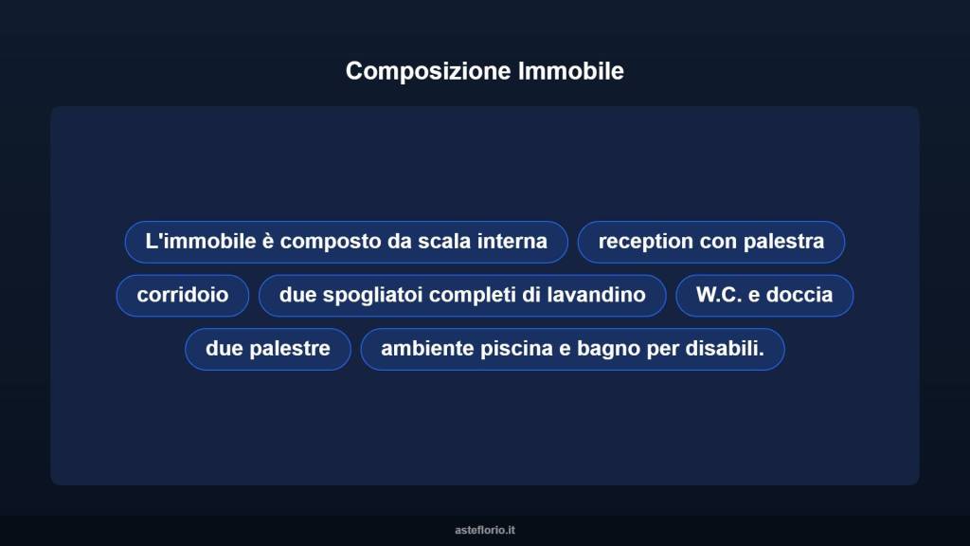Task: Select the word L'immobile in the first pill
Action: [188, 241]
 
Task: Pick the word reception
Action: [646, 241]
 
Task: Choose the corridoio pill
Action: [183, 295]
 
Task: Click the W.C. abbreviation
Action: [719, 295]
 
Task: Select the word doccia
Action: [799, 295]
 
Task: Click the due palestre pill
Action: [268, 349]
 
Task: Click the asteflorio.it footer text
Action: [485, 530]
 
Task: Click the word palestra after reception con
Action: [783, 241]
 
